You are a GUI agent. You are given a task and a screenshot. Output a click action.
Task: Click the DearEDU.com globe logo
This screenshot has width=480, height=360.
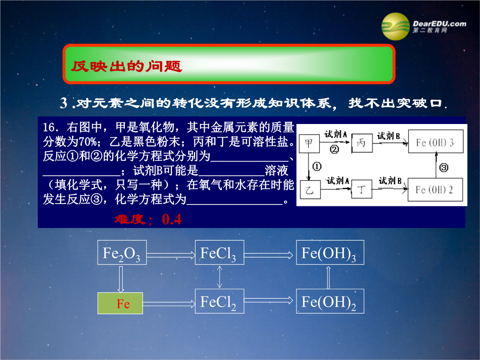(x=395, y=26)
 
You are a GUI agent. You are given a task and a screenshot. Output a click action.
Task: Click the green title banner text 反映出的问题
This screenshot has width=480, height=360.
(x=126, y=66)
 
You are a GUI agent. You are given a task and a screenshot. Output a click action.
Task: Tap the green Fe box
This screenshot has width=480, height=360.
(x=120, y=303)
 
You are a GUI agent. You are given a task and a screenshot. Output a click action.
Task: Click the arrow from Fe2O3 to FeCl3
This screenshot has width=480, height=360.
(x=171, y=254)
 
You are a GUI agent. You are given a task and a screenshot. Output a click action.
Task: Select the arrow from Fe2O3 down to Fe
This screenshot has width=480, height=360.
(x=121, y=279)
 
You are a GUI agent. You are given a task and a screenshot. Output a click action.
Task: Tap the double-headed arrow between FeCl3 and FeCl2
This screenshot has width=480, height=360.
(x=220, y=277)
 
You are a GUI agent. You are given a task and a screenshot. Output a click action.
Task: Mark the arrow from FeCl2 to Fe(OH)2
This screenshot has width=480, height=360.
(x=268, y=300)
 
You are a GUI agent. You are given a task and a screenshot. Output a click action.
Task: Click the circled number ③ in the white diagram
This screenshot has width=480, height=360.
(x=444, y=168)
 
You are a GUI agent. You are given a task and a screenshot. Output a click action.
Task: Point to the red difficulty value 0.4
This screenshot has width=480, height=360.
(x=172, y=219)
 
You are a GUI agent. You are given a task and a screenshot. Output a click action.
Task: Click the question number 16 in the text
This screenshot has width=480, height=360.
(x=49, y=127)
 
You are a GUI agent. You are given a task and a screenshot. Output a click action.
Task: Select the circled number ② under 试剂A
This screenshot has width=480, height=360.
(x=334, y=149)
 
